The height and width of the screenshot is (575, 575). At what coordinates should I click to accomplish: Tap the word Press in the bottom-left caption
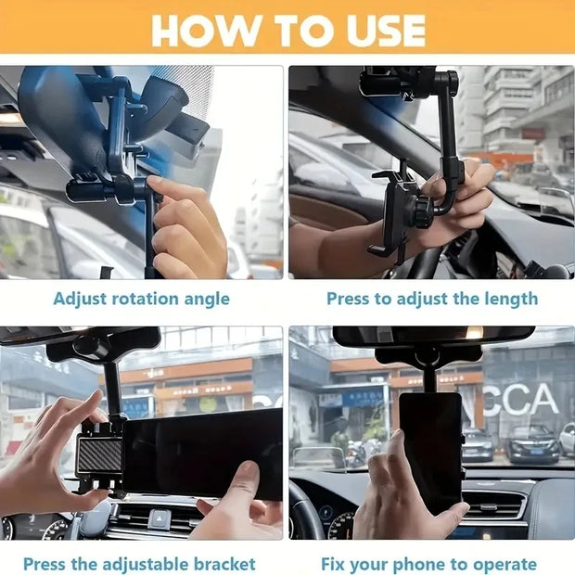tap(46, 564)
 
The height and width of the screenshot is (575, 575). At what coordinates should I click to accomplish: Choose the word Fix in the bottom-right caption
tap(336, 564)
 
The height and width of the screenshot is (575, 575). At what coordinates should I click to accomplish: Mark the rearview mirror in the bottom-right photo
tap(433, 335)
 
